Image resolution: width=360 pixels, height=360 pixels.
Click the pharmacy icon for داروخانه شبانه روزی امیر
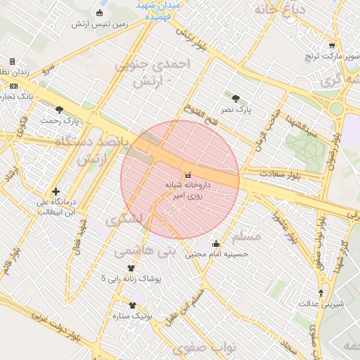(x=187, y=174)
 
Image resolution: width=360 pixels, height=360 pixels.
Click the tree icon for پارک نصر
(x=235, y=99)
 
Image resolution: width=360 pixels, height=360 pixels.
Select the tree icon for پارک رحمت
(x=58, y=110)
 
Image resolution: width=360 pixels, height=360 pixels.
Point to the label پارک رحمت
(x=58, y=121)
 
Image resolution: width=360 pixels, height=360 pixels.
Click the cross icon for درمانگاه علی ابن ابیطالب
(x=56, y=191)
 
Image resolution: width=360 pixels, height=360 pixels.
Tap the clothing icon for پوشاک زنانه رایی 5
(x=131, y=268)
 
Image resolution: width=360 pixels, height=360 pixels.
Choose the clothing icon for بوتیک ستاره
(x=132, y=305)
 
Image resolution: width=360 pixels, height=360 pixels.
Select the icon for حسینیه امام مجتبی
(x=216, y=244)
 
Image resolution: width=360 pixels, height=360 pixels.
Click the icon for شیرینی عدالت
(x=321, y=293)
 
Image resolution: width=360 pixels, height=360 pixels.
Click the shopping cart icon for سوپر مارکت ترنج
(x=331, y=46)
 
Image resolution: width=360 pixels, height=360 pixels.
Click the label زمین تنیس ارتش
(x=99, y=24)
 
